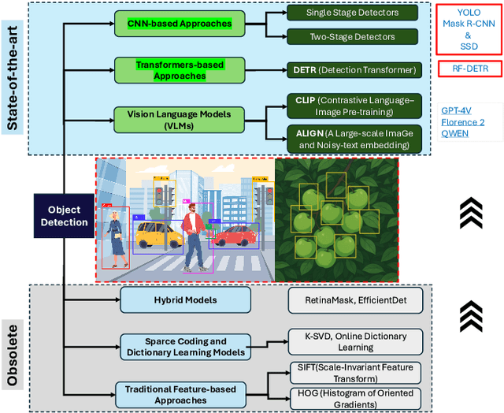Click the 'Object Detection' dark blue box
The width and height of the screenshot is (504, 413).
(65, 215)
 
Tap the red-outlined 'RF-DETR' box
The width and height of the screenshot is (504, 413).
(470, 69)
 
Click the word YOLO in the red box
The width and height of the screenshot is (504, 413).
(469, 13)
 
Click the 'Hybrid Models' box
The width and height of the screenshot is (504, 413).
(185, 300)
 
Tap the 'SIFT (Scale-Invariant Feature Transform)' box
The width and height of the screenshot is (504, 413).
(355, 373)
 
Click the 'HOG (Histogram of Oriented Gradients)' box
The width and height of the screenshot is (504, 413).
(355, 399)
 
